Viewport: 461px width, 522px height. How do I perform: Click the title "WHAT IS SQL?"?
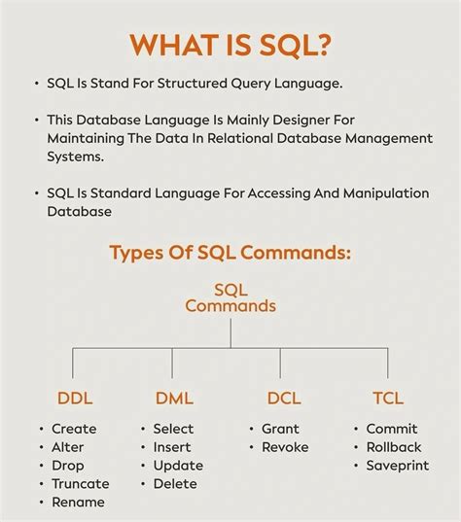point(230,46)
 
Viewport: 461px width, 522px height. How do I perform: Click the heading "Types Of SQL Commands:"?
point(230,254)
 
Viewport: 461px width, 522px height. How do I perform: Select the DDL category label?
point(75,398)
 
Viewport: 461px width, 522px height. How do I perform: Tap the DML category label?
point(174,398)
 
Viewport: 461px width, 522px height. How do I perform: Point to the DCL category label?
point(285,398)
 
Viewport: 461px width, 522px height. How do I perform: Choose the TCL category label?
point(387,398)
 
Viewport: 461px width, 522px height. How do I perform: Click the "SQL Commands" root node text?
point(230,297)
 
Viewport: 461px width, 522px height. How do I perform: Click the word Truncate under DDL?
point(81,483)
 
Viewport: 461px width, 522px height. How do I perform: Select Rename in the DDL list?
point(78,502)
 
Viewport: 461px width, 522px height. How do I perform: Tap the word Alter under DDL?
point(68,447)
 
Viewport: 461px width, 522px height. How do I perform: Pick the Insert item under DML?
point(172,447)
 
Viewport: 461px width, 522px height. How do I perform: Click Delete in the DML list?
point(174,483)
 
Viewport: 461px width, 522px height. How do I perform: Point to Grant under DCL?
point(280,429)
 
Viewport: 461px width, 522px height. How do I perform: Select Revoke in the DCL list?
point(285,447)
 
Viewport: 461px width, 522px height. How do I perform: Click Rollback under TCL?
point(394,447)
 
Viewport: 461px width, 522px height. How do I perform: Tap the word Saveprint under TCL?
point(397,466)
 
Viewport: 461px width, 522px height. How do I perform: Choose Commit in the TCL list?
point(392,429)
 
